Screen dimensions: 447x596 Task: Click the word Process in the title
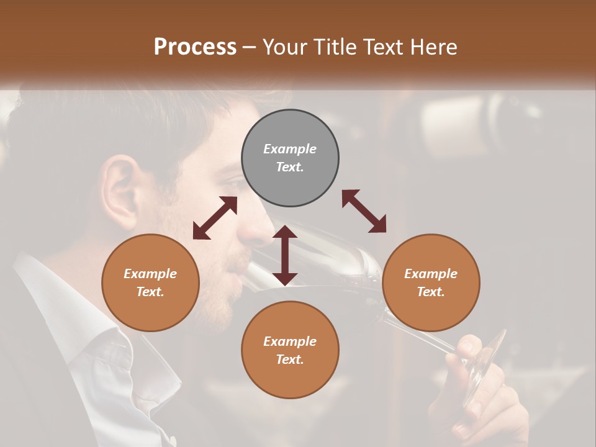[195, 47]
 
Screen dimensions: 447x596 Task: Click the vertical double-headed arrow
[285, 255]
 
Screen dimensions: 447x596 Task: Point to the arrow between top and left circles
[215, 218]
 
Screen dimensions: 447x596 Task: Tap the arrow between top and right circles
[364, 211]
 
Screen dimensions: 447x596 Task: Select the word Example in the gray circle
[290, 149]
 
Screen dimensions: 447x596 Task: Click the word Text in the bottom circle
[290, 359]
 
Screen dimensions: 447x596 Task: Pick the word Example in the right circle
[431, 274]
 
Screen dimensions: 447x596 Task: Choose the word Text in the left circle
[150, 292]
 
